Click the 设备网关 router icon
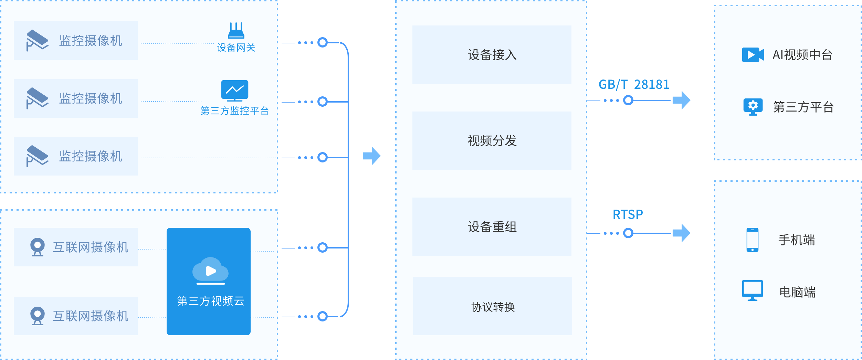click(236, 31)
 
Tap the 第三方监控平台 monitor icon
click(235, 91)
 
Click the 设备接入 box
click(492, 55)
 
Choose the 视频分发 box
click(492, 141)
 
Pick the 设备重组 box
click(492, 227)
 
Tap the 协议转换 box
click(492, 306)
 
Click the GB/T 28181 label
click(634, 84)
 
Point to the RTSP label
click(628, 214)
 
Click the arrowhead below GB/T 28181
click(682, 100)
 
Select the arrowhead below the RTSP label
click(682, 233)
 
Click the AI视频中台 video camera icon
click(753, 55)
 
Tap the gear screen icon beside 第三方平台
click(753, 107)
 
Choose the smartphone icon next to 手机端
click(753, 240)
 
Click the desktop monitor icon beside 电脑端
click(753, 290)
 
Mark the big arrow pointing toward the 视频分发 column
click(372, 156)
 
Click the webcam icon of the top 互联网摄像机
click(38, 247)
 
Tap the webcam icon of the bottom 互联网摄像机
click(38, 316)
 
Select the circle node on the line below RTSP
click(628, 233)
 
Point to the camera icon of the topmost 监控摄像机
click(37, 41)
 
